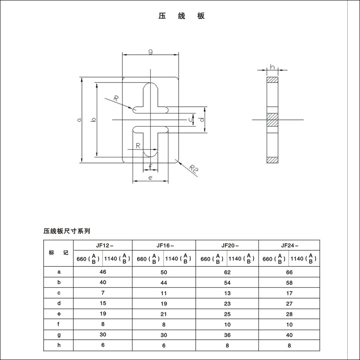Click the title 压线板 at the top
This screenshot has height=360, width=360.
(x=182, y=16)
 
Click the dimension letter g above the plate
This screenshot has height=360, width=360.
(x=150, y=52)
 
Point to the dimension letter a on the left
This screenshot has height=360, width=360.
(x=79, y=120)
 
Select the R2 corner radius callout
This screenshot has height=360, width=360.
(x=193, y=169)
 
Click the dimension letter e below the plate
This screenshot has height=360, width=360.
(x=150, y=178)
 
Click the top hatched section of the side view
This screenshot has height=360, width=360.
(x=272, y=80)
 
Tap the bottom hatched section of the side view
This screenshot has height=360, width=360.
(x=272, y=160)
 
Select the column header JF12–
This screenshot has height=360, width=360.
(x=102, y=245)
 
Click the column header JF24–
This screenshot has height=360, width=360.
(x=289, y=245)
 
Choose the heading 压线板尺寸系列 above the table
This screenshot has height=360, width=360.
(x=66, y=231)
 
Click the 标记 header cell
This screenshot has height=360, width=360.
(x=58, y=253)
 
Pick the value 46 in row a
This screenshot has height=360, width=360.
(x=102, y=272)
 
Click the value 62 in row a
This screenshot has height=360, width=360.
(x=227, y=272)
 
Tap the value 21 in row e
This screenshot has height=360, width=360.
(x=164, y=314)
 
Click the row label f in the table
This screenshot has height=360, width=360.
(x=59, y=324)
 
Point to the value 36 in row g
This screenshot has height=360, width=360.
(x=227, y=335)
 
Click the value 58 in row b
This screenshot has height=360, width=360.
(x=289, y=282)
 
